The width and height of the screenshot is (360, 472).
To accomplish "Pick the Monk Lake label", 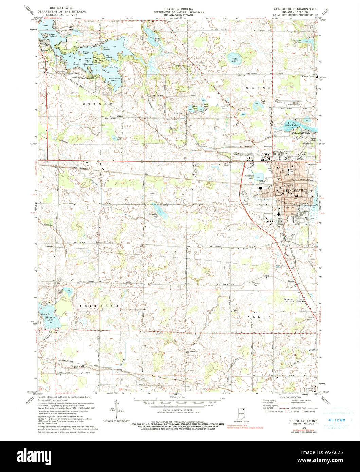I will [x=120, y=138].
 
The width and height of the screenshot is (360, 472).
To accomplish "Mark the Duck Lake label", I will [x=263, y=101].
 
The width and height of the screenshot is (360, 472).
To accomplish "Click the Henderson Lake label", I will [x=249, y=177].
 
